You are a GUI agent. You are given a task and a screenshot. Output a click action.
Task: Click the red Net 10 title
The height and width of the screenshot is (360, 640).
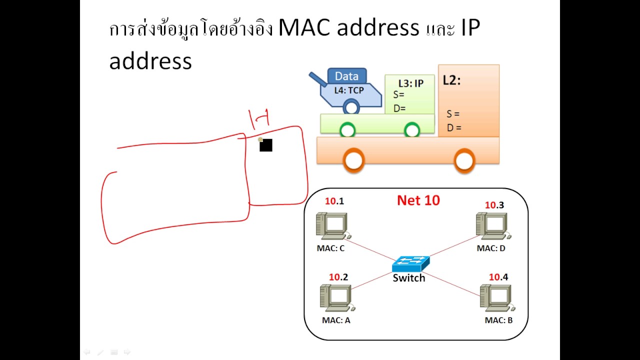(x=418, y=200)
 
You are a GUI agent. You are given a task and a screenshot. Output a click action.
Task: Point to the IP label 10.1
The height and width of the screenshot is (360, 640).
(x=334, y=201)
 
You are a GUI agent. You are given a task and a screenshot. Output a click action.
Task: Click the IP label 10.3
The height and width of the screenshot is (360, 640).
(x=494, y=205)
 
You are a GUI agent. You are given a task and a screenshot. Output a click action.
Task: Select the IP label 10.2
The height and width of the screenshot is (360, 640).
(x=338, y=277)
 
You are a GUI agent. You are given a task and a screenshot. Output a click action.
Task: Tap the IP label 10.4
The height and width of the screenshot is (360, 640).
(x=498, y=277)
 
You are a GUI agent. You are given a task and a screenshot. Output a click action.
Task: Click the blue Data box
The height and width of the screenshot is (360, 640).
(x=346, y=76)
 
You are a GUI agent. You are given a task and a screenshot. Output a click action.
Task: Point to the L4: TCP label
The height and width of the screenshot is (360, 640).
(x=349, y=90)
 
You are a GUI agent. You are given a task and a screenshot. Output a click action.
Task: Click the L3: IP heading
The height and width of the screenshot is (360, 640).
(x=410, y=83)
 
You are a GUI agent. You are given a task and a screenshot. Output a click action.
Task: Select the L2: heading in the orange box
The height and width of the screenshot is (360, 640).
(x=451, y=80)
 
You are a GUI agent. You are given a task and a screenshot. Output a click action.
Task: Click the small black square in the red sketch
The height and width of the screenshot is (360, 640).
(x=266, y=145)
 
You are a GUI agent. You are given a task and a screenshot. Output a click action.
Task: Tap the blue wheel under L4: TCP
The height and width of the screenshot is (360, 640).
(x=351, y=107)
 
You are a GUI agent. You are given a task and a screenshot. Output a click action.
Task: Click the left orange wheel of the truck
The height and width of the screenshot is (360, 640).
(x=353, y=160)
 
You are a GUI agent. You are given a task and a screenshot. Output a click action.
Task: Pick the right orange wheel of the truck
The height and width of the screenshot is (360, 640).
(x=464, y=160)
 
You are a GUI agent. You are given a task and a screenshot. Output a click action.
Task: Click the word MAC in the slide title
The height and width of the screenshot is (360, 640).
(x=304, y=28)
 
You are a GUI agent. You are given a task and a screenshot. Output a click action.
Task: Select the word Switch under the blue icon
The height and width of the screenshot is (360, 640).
(x=408, y=278)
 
